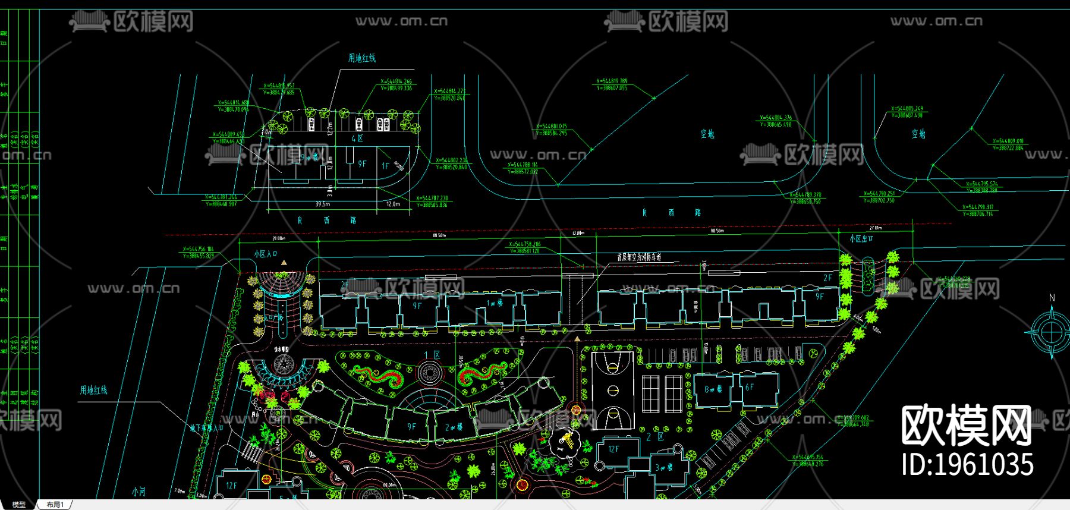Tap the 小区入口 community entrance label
click(266, 254)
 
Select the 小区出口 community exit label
click(861, 238)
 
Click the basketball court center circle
click(613, 391)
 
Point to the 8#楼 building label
click(713, 389)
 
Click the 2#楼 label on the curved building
click(454, 427)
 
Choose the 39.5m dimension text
click(322, 204)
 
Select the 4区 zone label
click(357, 138)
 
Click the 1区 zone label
click(432, 355)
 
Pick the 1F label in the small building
click(385, 166)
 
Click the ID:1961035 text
click(968, 464)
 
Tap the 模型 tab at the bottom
click(19, 505)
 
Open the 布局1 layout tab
click(55, 505)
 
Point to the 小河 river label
click(139, 492)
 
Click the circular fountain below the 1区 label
click(430, 373)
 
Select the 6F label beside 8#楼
click(749, 387)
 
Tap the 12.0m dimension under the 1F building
click(394, 204)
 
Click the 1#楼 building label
click(495, 303)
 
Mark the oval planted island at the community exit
click(868, 274)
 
